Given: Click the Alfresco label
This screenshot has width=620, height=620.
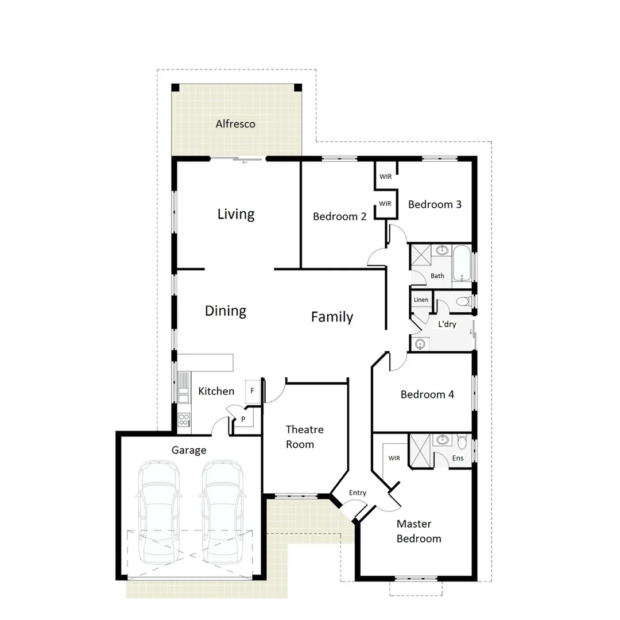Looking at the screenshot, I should click(x=235, y=124).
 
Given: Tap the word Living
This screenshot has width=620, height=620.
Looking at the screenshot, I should click(x=236, y=214).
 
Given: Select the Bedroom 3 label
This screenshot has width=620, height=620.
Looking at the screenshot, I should click(x=435, y=204).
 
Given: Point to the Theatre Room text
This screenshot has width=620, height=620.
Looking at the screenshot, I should click(x=304, y=437).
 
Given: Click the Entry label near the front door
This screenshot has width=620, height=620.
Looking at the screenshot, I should click(x=357, y=493).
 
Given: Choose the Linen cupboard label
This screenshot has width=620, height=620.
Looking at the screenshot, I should click(x=420, y=300).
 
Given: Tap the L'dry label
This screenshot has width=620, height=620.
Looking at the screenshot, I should click(x=447, y=324).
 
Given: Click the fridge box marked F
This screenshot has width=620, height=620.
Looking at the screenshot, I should click(x=253, y=390).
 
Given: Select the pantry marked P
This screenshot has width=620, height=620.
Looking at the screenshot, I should click(x=243, y=419).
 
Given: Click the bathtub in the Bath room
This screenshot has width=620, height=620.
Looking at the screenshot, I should click(x=462, y=263).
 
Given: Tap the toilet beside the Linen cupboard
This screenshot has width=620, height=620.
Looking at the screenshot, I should click(x=462, y=301).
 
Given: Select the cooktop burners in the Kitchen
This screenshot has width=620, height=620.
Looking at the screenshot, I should click(x=184, y=420).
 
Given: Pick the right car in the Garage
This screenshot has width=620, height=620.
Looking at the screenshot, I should click(x=222, y=511).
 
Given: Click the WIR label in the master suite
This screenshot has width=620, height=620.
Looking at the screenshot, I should click(x=394, y=458).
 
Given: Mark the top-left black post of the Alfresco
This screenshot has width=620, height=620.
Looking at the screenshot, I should click(x=176, y=88).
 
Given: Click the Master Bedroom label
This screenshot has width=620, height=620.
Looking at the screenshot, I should click(x=419, y=531).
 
